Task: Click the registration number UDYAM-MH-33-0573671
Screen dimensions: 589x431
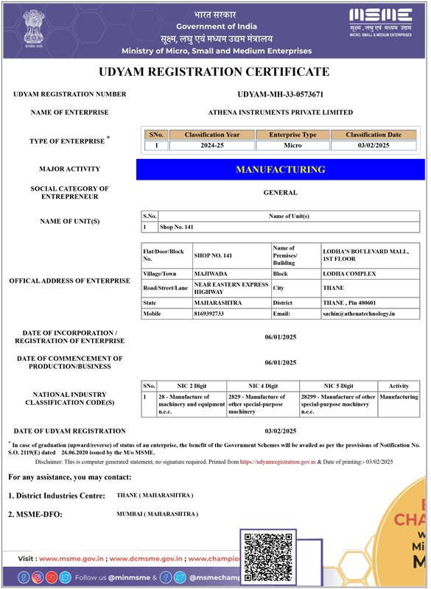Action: [x=281, y=94]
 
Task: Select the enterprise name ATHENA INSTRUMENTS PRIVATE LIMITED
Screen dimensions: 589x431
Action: [x=281, y=112]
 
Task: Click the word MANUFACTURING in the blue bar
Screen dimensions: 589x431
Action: [x=281, y=169]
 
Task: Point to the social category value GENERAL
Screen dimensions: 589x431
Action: [x=281, y=193]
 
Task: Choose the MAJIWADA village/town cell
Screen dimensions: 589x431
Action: [x=211, y=273]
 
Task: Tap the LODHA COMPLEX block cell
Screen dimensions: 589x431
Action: [x=349, y=273]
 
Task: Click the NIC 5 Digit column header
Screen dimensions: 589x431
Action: [x=338, y=386]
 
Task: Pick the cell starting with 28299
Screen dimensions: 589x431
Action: [x=338, y=404]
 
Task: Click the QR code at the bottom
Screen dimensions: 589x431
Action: [x=267, y=557]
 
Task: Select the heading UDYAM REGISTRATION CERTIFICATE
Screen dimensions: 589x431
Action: [x=214, y=72]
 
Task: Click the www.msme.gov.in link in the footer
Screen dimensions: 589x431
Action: [x=69, y=559]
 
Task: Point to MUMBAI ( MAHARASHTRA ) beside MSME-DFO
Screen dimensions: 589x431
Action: [x=157, y=512]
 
